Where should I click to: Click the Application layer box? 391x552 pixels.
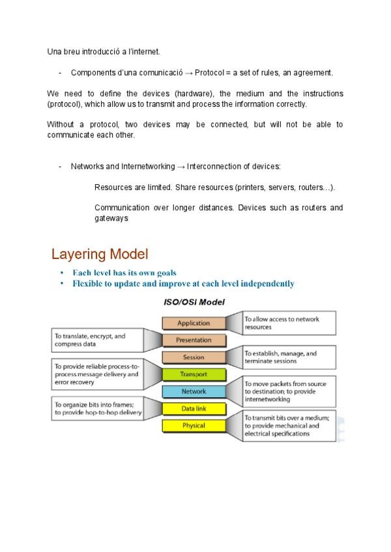194,323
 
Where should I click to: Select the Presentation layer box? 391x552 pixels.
194,340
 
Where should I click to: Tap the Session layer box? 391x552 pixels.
194,357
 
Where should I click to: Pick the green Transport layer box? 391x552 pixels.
194,374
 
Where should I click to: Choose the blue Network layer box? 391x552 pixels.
194,392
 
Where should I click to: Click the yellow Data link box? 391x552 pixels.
194,409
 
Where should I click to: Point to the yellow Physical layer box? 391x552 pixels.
194,426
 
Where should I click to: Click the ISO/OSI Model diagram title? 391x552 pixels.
194,302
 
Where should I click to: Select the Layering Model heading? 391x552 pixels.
100,253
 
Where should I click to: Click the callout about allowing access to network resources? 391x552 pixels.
289,324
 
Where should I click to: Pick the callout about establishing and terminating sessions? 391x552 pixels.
289,357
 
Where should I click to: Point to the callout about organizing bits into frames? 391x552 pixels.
97,409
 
